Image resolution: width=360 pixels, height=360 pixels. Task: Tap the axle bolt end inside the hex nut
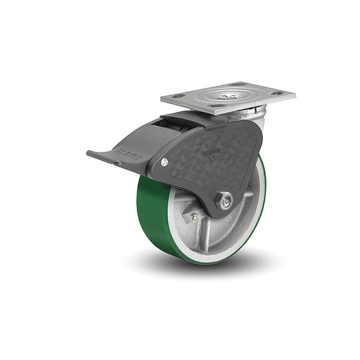[x=224, y=203]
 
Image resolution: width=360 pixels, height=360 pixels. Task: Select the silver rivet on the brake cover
[x=164, y=161]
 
